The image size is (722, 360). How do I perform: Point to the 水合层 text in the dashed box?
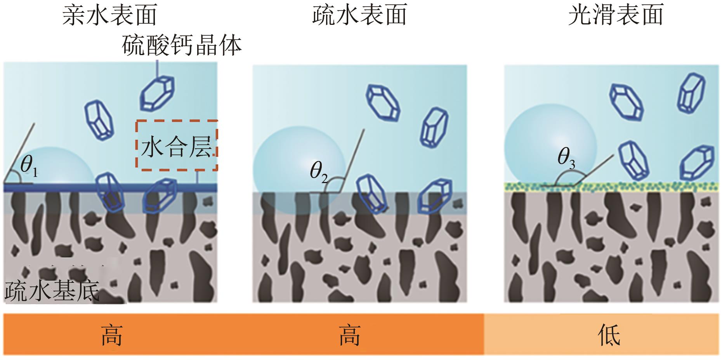177,147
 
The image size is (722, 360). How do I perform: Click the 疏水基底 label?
52,291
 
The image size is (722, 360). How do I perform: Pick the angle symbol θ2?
319,172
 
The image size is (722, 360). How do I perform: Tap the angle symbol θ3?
566,157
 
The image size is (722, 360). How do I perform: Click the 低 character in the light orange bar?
609,335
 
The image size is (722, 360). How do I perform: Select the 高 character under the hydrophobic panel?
349,335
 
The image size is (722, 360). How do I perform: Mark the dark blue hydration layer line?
78,188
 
